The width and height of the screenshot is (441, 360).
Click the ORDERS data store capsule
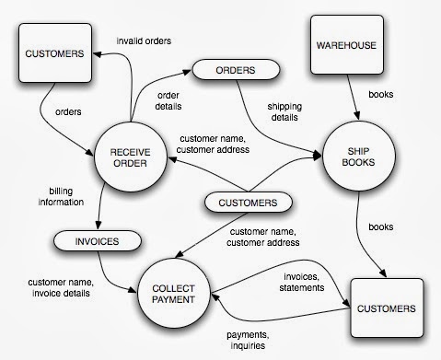[235, 69]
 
